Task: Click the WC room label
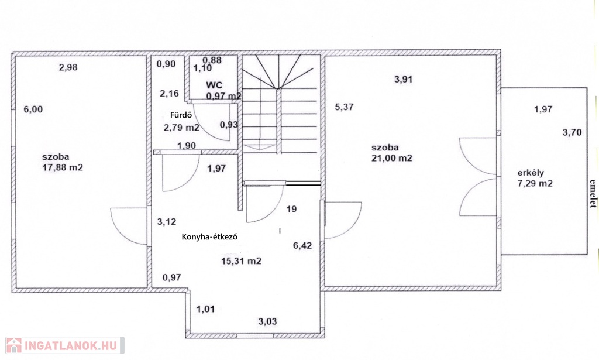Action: tap(214, 85)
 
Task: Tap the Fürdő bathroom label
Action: tap(181, 115)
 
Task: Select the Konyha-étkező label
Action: tap(210, 236)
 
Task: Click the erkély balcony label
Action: tap(531, 173)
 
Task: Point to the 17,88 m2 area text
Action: tap(63, 167)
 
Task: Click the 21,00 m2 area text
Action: tap(392, 158)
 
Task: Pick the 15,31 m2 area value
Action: tap(242, 261)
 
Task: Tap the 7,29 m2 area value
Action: tap(535, 183)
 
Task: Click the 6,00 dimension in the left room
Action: tap(33, 109)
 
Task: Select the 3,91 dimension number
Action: tap(404, 80)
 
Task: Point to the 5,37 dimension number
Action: tap(344, 107)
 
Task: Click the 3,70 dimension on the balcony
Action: tap(572, 133)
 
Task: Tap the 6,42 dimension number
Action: tap(302, 246)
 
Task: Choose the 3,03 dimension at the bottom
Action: tap(267, 321)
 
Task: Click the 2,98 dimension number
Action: tap(68, 68)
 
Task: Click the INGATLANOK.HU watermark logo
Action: tap(65, 345)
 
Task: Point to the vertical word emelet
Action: tap(593, 194)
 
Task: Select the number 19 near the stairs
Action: tap(291, 209)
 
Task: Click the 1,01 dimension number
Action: tap(205, 309)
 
